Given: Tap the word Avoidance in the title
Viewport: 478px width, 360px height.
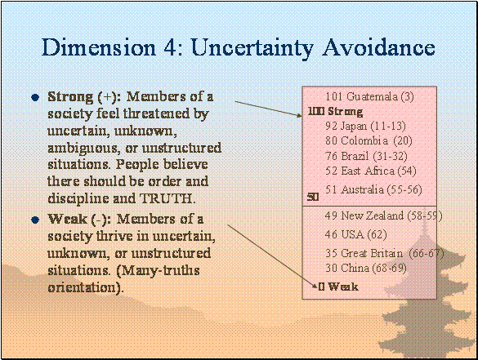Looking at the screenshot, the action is pyautogui.click(x=378, y=47).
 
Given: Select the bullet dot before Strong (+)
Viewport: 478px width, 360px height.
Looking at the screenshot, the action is pyautogui.click(x=35, y=97).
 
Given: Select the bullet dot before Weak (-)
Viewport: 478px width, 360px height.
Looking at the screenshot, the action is pyautogui.click(x=35, y=220).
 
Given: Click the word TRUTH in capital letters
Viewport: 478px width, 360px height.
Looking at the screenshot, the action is pyautogui.click(x=167, y=198).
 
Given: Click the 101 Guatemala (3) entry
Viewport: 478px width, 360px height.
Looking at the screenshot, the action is pyautogui.click(x=370, y=96).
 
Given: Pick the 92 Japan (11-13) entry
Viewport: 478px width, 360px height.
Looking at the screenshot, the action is pyautogui.click(x=365, y=126).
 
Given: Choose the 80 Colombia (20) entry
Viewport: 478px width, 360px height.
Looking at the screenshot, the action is pyautogui.click(x=369, y=140).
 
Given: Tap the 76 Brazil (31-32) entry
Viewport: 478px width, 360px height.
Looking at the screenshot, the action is pyautogui.click(x=366, y=156).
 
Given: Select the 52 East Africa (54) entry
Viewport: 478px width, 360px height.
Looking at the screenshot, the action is pyautogui.click(x=371, y=171).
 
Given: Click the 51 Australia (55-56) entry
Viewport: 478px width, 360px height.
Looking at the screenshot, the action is pyautogui.click(x=373, y=189).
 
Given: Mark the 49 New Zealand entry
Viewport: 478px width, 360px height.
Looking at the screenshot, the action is pyautogui.click(x=384, y=216).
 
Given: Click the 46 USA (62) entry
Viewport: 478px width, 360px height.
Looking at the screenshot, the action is pyautogui.click(x=356, y=234).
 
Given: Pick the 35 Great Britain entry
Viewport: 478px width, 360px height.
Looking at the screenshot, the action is pyautogui.click(x=384, y=253).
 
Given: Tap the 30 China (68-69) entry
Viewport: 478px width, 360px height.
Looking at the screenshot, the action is pyautogui.click(x=366, y=269).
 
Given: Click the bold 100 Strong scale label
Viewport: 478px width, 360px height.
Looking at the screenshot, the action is pyautogui.click(x=335, y=112).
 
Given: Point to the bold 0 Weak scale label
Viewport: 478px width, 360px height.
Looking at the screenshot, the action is pyautogui.click(x=338, y=287).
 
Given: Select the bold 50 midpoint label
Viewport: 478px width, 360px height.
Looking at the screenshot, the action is pyautogui.click(x=313, y=197).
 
